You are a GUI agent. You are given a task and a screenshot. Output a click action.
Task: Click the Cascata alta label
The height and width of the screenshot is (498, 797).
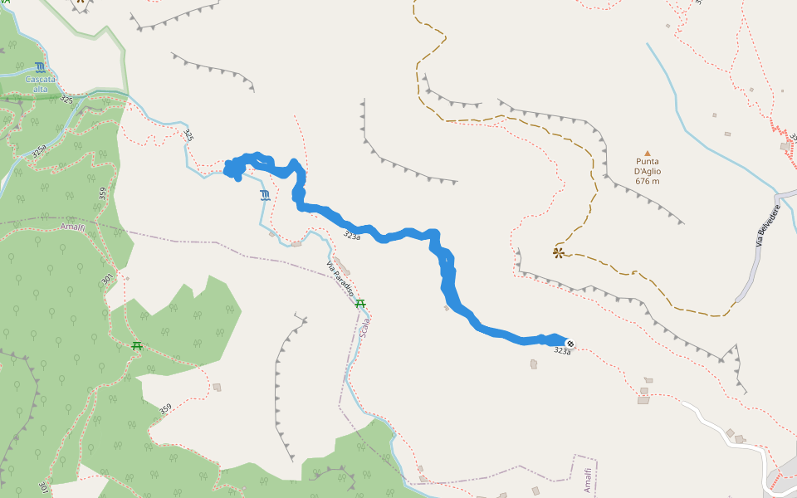[x=40, y=84]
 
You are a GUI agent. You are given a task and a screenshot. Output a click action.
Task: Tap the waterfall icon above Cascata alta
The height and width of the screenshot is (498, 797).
[x=40, y=66]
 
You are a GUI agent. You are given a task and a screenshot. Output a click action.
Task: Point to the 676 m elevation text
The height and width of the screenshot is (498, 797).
[x=648, y=181]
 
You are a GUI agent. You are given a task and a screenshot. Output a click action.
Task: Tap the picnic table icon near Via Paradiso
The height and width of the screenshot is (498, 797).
[x=360, y=304]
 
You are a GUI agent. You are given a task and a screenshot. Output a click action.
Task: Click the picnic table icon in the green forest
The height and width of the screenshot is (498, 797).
[x=137, y=345]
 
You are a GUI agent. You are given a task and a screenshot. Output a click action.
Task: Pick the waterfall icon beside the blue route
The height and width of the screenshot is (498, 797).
[x=265, y=196]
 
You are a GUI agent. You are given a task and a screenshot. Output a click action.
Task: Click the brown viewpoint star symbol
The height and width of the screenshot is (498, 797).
[x=559, y=251]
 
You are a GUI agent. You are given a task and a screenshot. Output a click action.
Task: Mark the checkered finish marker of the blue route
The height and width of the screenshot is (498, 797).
[x=570, y=343]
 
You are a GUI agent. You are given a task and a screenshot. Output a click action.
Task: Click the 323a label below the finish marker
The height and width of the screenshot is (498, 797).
[x=562, y=352]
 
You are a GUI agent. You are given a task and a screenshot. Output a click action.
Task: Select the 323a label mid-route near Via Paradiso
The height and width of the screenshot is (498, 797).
[x=352, y=237]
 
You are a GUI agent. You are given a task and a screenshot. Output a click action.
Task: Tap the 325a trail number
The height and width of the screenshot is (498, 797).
[x=38, y=152]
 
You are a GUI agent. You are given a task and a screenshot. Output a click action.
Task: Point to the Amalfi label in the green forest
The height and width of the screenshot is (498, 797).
[x=72, y=226]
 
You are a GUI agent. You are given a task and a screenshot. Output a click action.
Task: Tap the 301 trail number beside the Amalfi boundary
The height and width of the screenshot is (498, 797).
[x=107, y=281]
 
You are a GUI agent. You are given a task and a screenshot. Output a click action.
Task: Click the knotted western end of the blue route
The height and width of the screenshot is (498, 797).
[x=234, y=169]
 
